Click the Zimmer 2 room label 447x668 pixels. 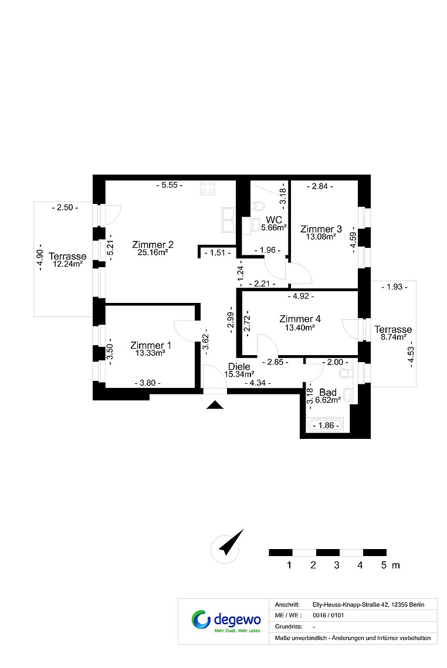(153, 244)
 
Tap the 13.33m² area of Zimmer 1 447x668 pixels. (150, 353)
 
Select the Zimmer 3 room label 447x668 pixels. (321, 229)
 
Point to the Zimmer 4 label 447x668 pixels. (300, 319)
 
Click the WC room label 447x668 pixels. (274, 219)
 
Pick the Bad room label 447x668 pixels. (328, 392)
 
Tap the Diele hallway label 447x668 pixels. (239, 366)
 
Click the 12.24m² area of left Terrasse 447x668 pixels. (67, 264)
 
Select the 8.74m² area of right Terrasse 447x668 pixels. (393, 337)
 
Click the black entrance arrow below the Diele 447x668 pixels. (215, 405)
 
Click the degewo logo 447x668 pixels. (226, 621)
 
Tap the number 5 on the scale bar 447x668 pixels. (384, 565)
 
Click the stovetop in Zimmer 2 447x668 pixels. (208, 188)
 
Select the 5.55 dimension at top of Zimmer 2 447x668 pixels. (170, 185)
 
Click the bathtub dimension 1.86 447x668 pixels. (326, 425)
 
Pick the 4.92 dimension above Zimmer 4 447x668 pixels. (301, 296)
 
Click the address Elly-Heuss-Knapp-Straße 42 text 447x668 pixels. (350, 605)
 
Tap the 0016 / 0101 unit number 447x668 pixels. (328, 615)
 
